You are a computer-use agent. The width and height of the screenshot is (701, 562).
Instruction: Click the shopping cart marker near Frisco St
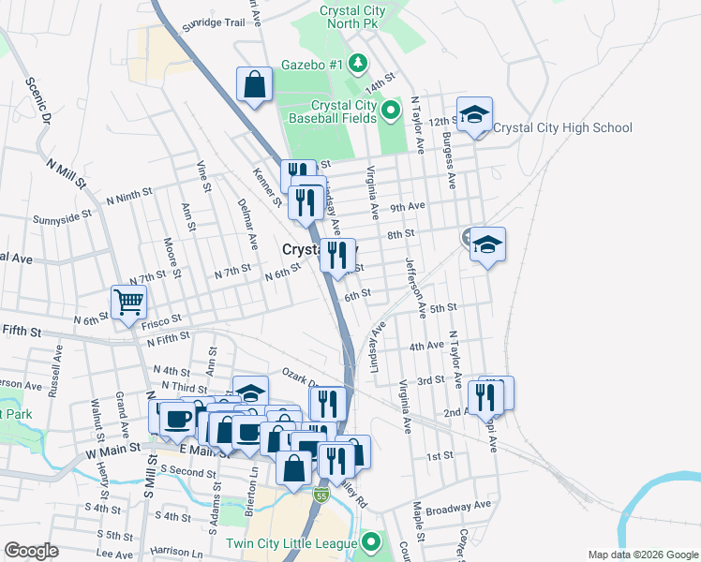pos(128,303)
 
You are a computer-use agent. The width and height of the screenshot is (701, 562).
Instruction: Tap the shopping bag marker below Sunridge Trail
pos(255,85)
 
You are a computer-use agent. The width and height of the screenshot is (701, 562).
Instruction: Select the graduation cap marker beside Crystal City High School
pos(475,115)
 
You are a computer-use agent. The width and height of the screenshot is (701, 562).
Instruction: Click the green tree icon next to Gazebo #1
pos(357,65)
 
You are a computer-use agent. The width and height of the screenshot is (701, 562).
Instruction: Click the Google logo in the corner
pos(30,551)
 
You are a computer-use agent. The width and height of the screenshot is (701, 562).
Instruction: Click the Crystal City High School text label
pos(562,128)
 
